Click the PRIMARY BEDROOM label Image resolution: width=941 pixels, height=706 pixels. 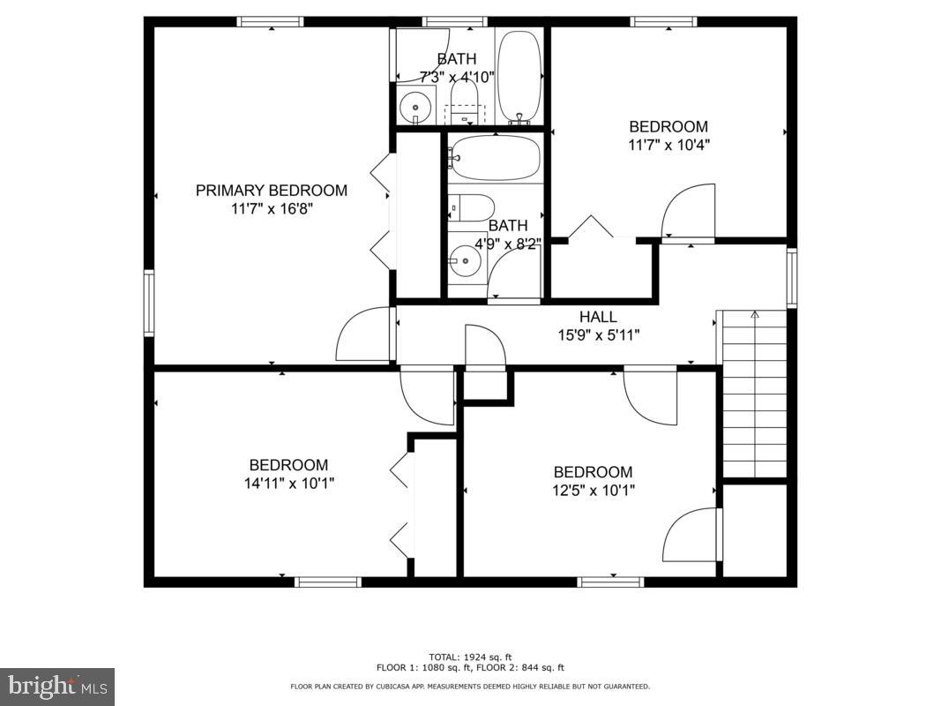click(x=271, y=190)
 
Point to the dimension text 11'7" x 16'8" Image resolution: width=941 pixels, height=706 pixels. click(x=271, y=209)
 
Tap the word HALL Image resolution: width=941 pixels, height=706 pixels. click(x=597, y=317)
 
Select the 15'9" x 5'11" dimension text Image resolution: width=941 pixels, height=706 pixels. click(x=597, y=334)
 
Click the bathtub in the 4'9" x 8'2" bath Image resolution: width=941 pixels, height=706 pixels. click(x=494, y=157)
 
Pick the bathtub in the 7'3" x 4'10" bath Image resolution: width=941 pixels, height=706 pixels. click(x=519, y=77)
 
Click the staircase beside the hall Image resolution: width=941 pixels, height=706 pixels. click(x=754, y=397)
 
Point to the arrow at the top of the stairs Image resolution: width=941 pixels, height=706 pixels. click(x=754, y=314)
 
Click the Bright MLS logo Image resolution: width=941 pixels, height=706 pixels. click(x=57, y=686)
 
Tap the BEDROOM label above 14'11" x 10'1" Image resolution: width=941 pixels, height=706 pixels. click(x=288, y=465)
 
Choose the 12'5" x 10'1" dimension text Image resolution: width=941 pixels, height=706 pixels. click(x=593, y=490)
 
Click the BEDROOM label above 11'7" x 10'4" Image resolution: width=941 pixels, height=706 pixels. click(x=668, y=126)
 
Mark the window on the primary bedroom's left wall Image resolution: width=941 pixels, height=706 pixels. click(x=149, y=303)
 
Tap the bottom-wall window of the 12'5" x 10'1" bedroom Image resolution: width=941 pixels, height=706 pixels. click(x=610, y=582)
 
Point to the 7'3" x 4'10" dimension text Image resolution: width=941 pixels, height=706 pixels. click(x=456, y=77)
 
